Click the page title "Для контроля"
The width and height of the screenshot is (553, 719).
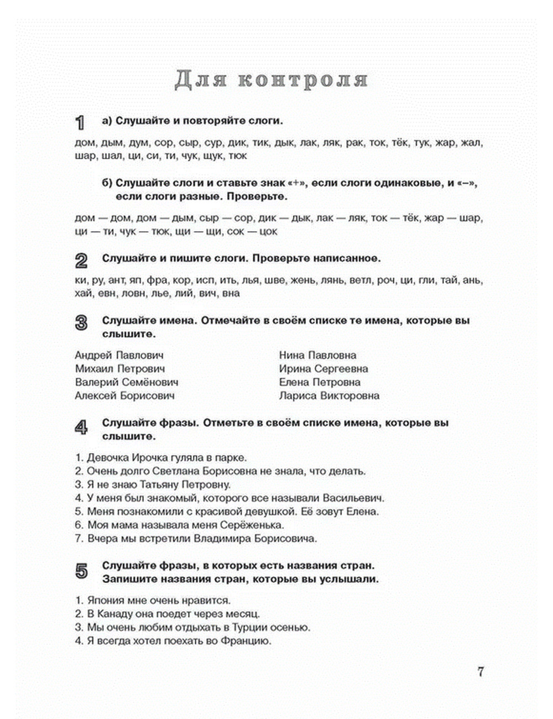(271, 80)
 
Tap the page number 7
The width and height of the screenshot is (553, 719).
(481, 671)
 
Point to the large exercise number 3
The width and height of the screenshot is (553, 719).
(81, 323)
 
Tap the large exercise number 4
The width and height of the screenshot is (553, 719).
(81, 427)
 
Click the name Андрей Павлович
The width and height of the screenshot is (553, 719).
(119, 355)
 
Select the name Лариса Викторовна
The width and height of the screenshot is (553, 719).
(329, 395)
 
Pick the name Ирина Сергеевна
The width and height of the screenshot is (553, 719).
(324, 369)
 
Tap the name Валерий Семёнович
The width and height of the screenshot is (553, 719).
(126, 382)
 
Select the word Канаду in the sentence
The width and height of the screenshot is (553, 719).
(116, 614)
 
